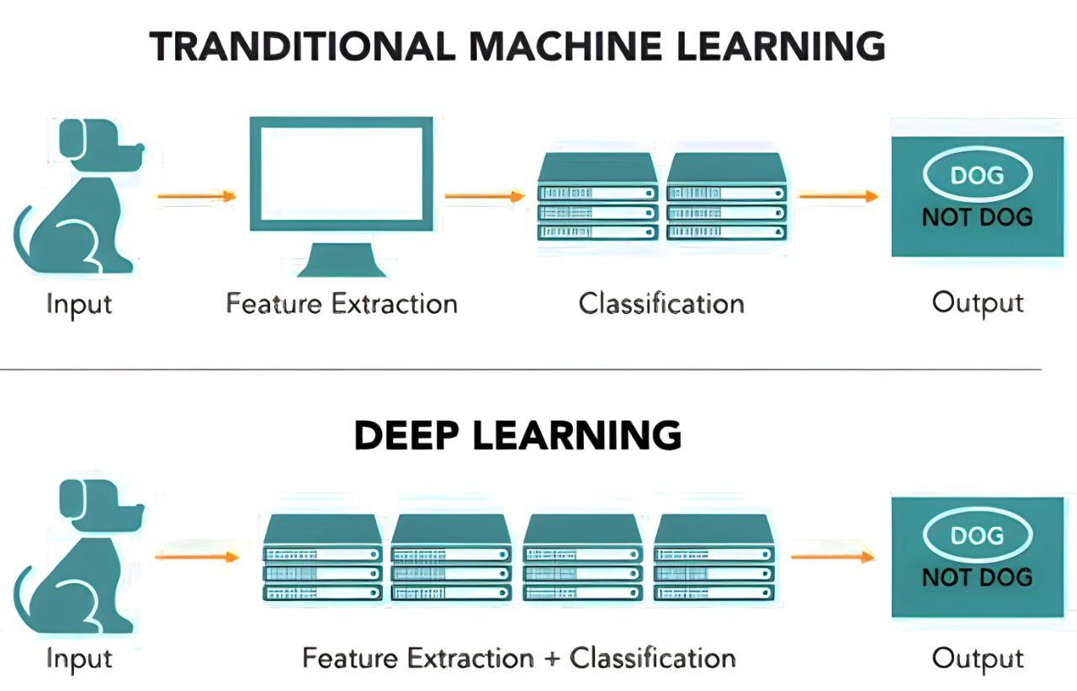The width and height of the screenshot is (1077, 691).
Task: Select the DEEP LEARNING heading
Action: (517, 435)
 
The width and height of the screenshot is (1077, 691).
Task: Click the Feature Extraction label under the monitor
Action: (341, 303)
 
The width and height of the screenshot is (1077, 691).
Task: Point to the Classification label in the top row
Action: (661, 303)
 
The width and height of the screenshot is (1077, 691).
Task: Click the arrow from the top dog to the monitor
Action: (196, 197)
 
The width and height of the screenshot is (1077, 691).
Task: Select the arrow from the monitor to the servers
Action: (485, 197)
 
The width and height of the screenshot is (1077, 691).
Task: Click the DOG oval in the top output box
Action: (976, 175)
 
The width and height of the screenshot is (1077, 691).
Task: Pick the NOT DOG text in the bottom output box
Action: (977, 577)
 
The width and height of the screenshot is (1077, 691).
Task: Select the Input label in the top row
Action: (79, 303)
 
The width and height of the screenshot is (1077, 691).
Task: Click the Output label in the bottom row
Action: (978, 658)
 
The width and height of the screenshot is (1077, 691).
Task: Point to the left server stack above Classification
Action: (597, 198)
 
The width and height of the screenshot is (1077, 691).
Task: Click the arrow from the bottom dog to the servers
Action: (197, 556)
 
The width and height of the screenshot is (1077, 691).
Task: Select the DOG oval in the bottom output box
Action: (976, 535)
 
